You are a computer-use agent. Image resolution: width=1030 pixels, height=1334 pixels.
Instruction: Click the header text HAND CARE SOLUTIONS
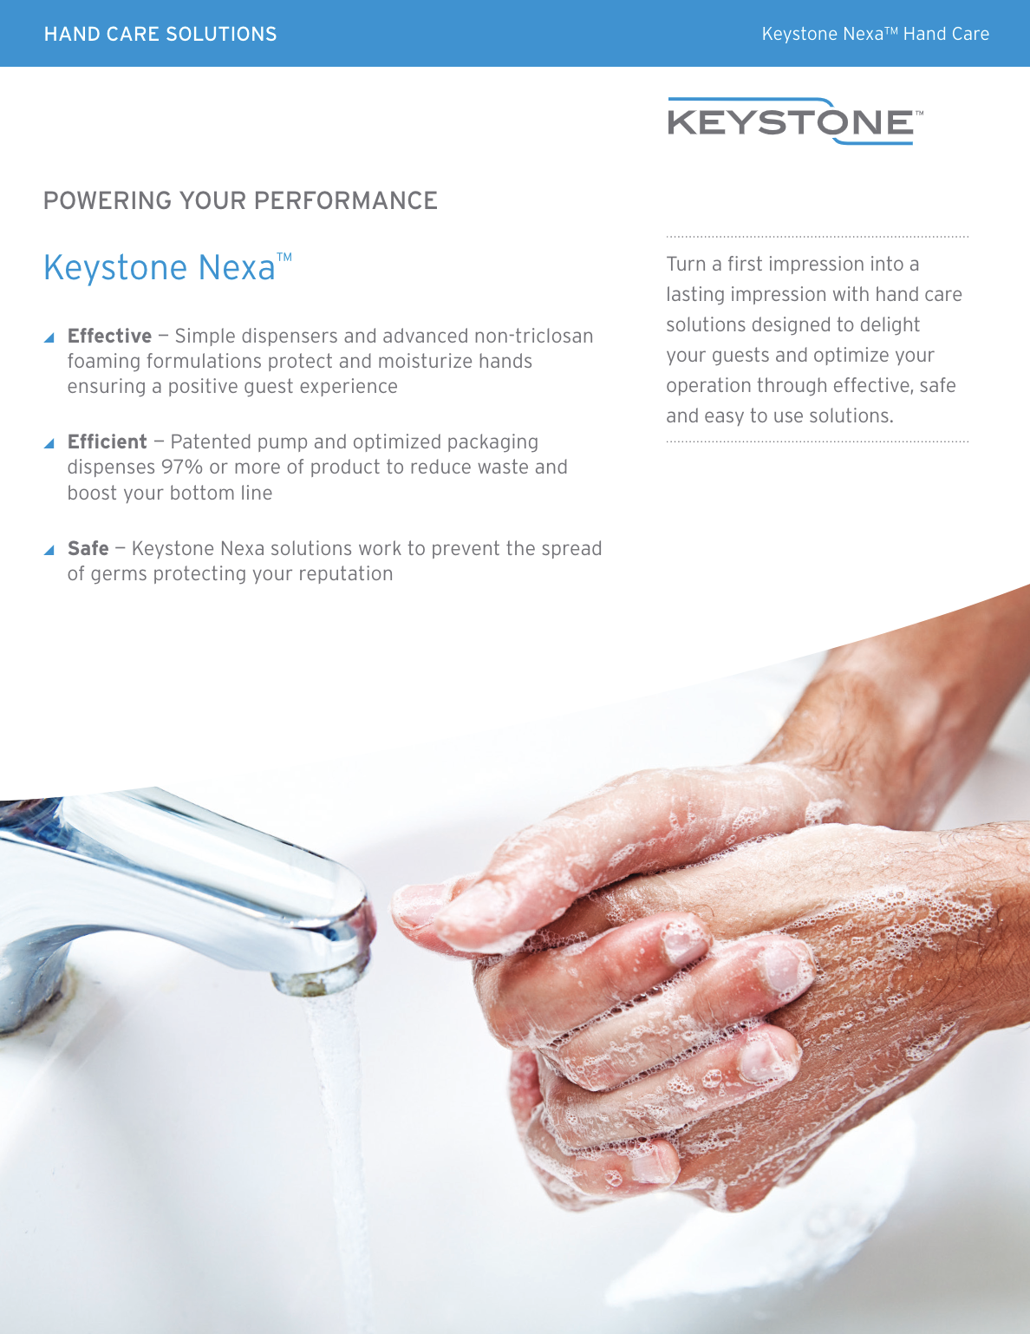click(x=160, y=34)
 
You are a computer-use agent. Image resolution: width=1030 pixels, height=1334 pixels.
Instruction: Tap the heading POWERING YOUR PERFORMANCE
click(x=240, y=200)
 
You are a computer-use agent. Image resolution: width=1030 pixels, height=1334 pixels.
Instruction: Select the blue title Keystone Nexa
click(x=160, y=267)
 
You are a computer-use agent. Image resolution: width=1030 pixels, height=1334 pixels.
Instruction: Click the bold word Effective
click(x=109, y=336)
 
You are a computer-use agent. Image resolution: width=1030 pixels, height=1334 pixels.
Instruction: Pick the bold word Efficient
click(x=107, y=441)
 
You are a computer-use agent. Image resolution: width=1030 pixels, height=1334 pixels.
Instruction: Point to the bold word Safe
click(x=88, y=548)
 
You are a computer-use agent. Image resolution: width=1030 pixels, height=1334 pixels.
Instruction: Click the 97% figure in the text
click(x=182, y=467)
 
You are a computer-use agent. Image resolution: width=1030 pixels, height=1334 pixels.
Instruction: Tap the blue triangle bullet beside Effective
click(x=49, y=337)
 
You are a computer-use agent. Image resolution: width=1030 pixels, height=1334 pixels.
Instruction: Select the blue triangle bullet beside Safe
click(x=49, y=550)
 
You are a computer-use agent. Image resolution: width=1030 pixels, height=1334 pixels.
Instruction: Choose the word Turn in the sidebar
click(x=686, y=264)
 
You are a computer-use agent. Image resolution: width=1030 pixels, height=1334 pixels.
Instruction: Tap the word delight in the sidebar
click(x=890, y=324)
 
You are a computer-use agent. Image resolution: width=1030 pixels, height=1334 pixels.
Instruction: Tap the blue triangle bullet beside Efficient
click(x=49, y=443)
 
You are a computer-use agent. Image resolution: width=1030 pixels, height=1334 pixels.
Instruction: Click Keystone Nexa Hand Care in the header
click(x=875, y=34)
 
